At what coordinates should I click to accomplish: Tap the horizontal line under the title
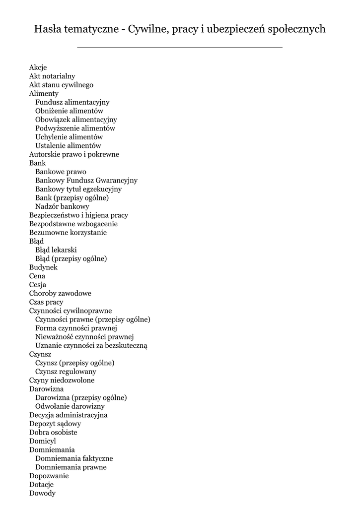point(180,48)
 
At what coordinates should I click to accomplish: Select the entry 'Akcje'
point(38,67)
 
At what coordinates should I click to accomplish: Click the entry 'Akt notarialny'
point(52,76)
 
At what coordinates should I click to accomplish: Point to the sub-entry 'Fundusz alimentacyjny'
point(72,102)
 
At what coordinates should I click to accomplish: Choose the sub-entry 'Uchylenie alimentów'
point(69,137)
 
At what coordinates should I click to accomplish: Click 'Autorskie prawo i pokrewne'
point(74,154)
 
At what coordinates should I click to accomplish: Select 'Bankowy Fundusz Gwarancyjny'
point(86,181)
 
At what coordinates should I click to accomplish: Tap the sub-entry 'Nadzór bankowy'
point(62,206)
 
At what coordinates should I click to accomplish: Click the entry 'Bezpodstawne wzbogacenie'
point(73,224)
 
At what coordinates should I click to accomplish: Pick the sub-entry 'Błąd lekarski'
point(56,250)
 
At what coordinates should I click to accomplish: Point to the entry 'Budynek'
point(43,267)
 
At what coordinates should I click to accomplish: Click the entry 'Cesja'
point(38,285)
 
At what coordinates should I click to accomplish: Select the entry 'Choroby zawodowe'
point(60,293)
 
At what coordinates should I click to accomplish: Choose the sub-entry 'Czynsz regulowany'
point(66,372)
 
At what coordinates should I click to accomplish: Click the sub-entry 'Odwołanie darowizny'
point(70,406)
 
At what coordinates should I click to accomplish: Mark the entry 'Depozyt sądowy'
point(55,424)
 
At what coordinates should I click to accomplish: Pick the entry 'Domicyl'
point(43,441)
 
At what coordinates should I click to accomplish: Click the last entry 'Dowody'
point(42,493)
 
